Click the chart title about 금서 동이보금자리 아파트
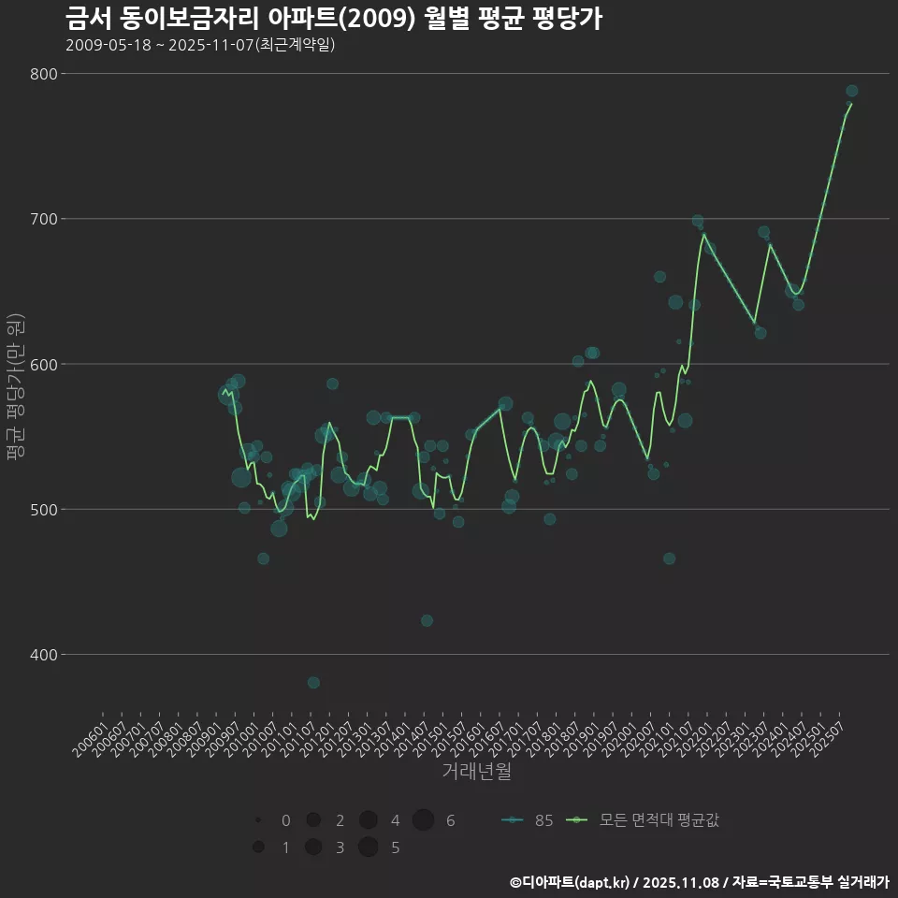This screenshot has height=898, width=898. pyautogui.click(x=333, y=19)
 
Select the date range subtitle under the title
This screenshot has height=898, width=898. pyautogui.click(x=200, y=45)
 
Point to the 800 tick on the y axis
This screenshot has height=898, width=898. pyautogui.click(x=44, y=74)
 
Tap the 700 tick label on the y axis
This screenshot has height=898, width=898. pyautogui.click(x=44, y=219)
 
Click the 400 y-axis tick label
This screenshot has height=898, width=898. pyautogui.click(x=44, y=655)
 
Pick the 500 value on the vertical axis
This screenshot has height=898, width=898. pyautogui.click(x=44, y=510)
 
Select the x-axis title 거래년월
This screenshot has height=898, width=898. pyautogui.click(x=476, y=772)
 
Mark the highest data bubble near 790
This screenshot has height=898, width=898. pyautogui.click(x=851, y=91)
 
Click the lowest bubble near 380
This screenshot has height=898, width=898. pyautogui.click(x=313, y=683)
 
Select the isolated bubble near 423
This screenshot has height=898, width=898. pyautogui.click(x=427, y=620)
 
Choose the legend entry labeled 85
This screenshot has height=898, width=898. pyautogui.click(x=528, y=820)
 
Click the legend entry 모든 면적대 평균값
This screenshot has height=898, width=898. pyautogui.click(x=645, y=820)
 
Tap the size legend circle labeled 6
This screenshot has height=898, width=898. pyautogui.click(x=423, y=820)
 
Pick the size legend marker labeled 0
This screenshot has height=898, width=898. pyautogui.click(x=258, y=820)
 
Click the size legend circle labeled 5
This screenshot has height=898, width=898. pyautogui.click(x=368, y=847)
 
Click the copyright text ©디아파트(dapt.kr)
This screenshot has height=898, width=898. pyautogui.click(x=571, y=882)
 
